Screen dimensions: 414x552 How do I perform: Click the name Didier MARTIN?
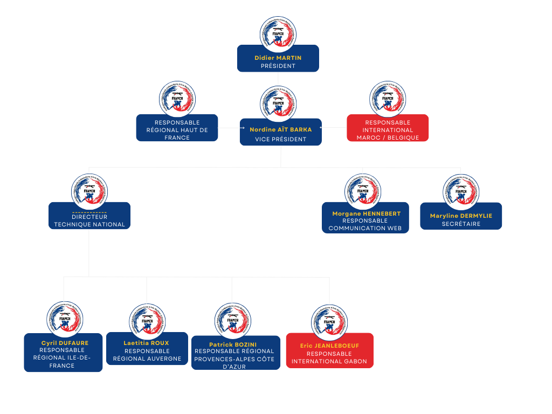[x=278, y=58]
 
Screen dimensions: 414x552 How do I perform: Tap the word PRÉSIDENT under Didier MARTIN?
[x=278, y=66]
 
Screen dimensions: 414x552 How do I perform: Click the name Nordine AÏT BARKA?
[x=280, y=129]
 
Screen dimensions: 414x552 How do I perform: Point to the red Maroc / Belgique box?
[x=388, y=128]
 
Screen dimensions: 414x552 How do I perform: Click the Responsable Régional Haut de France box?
[x=177, y=128]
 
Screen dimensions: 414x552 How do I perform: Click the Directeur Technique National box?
[x=89, y=217]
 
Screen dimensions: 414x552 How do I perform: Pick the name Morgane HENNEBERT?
[x=366, y=213]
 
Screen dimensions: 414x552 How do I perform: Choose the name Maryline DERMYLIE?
[x=461, y=216]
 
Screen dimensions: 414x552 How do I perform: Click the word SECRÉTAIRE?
[x=461, y=224]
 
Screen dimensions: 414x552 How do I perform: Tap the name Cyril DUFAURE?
[x=65, y=343]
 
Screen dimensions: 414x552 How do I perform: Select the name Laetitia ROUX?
[x=146, y=343]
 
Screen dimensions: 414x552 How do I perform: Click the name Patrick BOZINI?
[x=233, y=344]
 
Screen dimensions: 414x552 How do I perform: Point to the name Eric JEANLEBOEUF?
[x=329, y=346]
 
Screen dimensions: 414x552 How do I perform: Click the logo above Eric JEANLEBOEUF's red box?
[x=329, y=322]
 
